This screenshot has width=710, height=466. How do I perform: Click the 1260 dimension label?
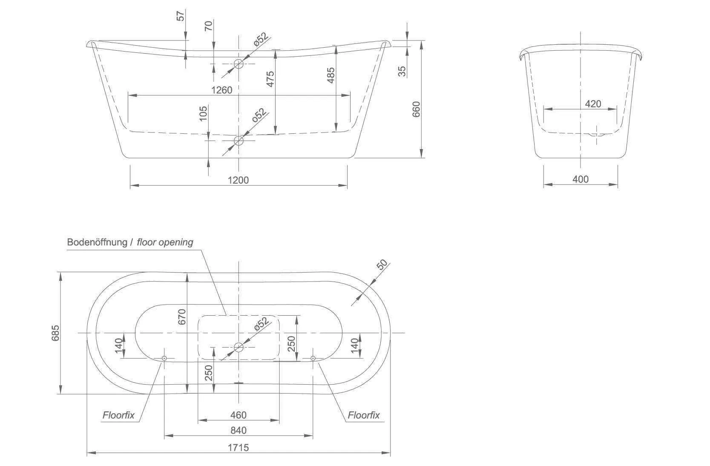pos(222,90)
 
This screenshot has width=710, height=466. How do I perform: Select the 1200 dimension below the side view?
pos(238,180)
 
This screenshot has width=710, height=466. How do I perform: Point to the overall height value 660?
pos(416,109)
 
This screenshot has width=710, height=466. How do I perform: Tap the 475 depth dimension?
pos(270,79)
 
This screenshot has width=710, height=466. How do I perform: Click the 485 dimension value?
pos(331,75)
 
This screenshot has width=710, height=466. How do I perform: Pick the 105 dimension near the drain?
pos(203,113)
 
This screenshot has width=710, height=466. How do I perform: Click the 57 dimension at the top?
pos(181,16)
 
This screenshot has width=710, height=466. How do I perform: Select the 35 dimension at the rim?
pos(402,71)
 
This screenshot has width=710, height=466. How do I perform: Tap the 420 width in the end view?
pos(593,104)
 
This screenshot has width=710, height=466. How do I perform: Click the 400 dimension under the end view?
pos(580,179)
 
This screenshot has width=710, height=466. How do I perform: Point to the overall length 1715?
pos(238,447)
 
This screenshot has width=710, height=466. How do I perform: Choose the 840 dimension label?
pos(238,430)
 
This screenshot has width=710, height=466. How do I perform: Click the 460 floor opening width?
pos(238,414)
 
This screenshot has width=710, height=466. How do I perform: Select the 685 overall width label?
pos(55,333)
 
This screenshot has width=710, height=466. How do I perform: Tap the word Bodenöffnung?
pos(97,242)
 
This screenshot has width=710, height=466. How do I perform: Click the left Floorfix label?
pos(118,415)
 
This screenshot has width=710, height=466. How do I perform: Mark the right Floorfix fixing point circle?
pos(313,359)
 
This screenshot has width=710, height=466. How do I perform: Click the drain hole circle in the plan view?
pos(239,347)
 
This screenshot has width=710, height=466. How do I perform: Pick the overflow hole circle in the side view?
pos(239,64)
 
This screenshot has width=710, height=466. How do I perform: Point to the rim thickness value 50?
pos(383,265)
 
